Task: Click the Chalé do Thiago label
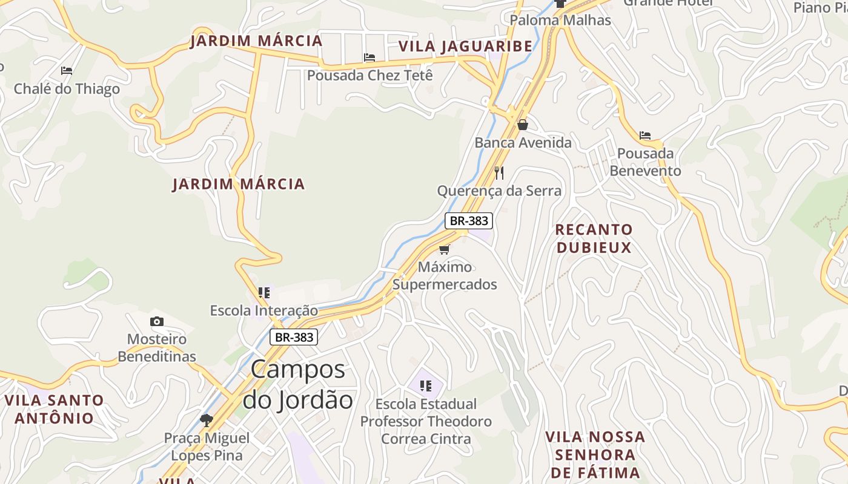pyautogui.click(x=67, y=89)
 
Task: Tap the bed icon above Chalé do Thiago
pyautogui.click(x=67, y=71)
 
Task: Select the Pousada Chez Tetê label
pyautogui.click(x=370, y=76)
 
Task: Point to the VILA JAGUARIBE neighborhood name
pyautogui.click(x=465, y=46)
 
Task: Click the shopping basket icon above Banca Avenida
pyautogui.click(x=523, y=125)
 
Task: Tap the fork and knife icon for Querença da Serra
pyautogui.click(x=499, y=173)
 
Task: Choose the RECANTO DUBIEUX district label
pyautogui.click(x=594, y=238)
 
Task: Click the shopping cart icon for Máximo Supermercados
pyautogui.click(x=445, y=249)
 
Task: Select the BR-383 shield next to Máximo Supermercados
pyautogui.click(x=469, y=221)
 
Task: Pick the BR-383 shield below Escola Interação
pyautogui.click(x=294, y=337)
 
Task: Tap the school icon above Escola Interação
pyautogui.click(x=264, y=293)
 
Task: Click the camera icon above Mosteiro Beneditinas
pyautogui.click(x=157, y=321)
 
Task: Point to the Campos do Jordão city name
pyautogui.click(x=297, y=384)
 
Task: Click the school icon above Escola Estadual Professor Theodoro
pyautogui.click(x=426, y=385)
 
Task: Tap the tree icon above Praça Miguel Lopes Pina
pyautogui.click(x=207, y=419)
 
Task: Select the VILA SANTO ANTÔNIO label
pyautogui.click(x=55, y=409)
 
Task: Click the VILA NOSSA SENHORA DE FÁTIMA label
pyautogui.click(x=595, y=454)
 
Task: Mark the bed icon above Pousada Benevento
pyautogui.click(x=645, y=135)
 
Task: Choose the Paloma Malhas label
pyautogui.click(x=560, y=20)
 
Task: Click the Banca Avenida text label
pyautogui.click(x=523, y=143)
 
